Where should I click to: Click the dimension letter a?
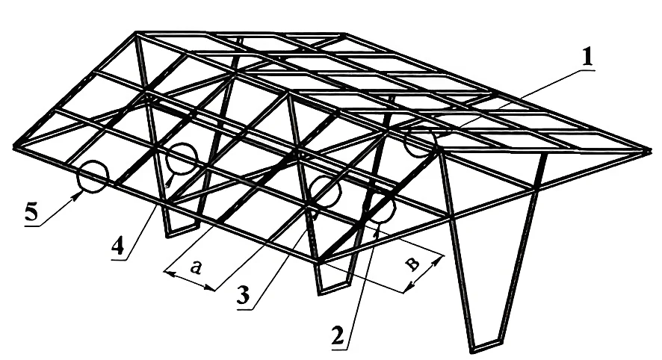click(x=194, y=267)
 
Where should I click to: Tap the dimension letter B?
click(x=412, y=264)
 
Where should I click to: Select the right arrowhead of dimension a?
click(x=211, y=289)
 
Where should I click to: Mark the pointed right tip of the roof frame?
click(x=651, y=151)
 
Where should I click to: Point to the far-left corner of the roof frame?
click(x=15, y=147)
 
